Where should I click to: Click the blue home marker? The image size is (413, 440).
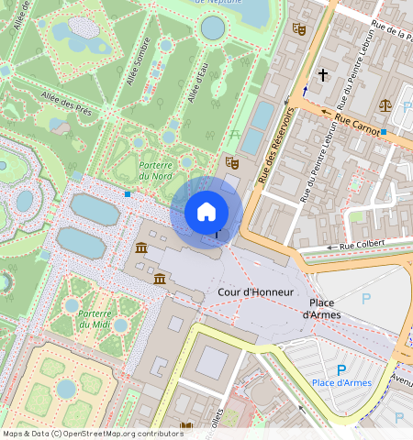pyautogui.click(x=206, y=212)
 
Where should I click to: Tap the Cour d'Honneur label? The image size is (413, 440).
pyautogui.click(x=256, y=291)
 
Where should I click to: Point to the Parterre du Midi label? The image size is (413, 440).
pyautogui.click(x=95, y=318)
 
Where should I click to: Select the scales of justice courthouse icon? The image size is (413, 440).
pyautogui.click(x=385, y=104)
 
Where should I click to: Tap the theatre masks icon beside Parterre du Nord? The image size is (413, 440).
pyautogui.click(x=232, y=162)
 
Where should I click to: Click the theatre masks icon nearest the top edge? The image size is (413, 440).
pyautogui.click(x=298, y=28)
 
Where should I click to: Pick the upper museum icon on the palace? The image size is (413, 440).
pyautogui.click(x=141, y=249)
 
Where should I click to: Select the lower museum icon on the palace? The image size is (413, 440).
pyautogui.click(x=161, y=279)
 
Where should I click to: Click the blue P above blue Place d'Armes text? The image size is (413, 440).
pyautogui.click(x=341, y=368)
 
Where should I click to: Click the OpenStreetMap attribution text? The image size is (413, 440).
pyautogui.click(x=93, y=434)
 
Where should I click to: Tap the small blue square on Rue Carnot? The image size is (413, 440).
pyautogui.click(x=384, y=134)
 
